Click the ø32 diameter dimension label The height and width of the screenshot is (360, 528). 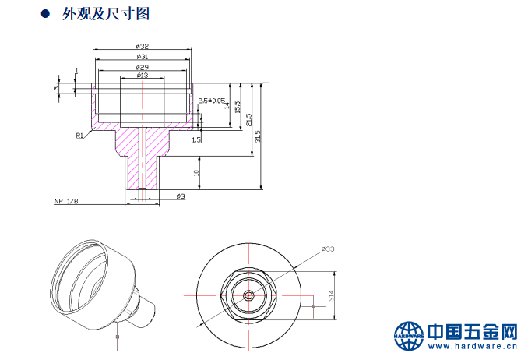click(143, 47)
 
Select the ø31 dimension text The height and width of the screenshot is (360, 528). click(143, 57)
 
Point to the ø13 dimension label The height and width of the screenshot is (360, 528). click(143, 76)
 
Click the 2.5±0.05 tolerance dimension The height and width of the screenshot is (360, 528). click(212, 101)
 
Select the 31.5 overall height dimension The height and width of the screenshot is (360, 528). click(258, 136)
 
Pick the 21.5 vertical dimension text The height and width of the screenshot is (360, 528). click(248, 120)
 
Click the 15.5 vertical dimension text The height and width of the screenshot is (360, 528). click(238, 107)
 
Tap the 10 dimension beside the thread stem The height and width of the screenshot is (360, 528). click(196, 172)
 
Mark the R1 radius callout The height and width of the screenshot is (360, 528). click(79, 136)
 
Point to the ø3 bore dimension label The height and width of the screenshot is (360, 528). click(180, 196)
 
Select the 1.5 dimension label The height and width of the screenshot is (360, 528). click(196, 139)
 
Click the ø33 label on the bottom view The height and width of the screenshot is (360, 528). click(328, 249)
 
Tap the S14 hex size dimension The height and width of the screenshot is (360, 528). click(330, 296)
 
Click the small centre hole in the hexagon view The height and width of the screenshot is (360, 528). click(248, 296)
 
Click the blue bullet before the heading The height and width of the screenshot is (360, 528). click(45, 14)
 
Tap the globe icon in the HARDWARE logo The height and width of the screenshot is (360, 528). click(408, 336)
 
